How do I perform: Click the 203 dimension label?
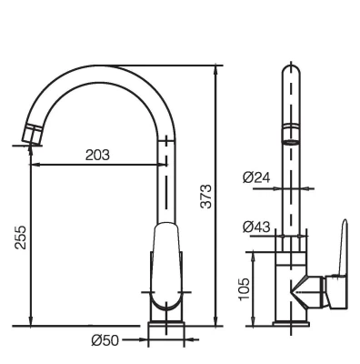click(x=97, y=156)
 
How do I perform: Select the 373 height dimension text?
click(x=206, y=196)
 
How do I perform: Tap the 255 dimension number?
click(x=21, y=238)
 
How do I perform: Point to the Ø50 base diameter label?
click(x=105, y=340)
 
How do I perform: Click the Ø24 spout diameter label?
click(x=256, y=177)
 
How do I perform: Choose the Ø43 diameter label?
click(x=256, y=227)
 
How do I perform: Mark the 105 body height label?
click(x=245, y=288)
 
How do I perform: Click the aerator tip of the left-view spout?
click(x=32, y=134)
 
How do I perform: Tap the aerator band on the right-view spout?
click(x=291, y=133)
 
